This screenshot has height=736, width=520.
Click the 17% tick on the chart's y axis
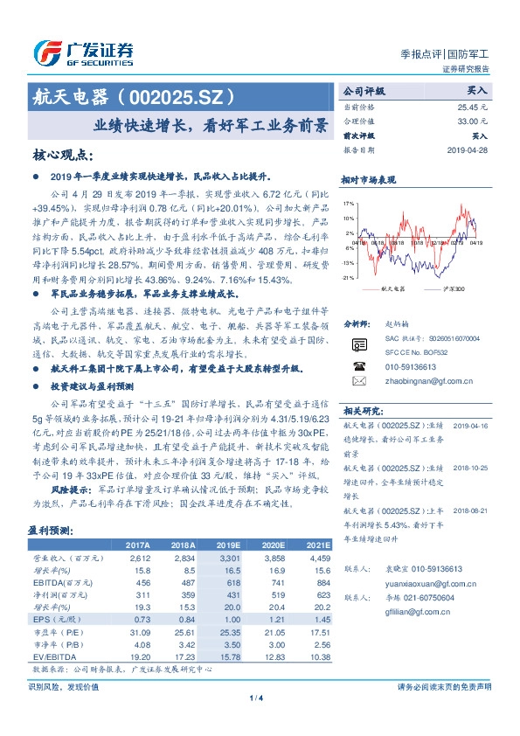(x=350, y=202)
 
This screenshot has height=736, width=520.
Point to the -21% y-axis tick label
(x=349, y=277)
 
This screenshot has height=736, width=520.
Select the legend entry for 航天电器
(x=395, y=288)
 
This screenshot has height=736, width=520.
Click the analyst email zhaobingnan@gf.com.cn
(x=413, y=381)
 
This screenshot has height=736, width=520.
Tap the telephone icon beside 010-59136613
(x=358, y=367)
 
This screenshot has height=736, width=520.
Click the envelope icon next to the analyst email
(x=358, y=381)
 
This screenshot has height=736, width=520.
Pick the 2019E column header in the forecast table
(x=228, y=543)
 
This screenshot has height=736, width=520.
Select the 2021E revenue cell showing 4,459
(x=318, y=556)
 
